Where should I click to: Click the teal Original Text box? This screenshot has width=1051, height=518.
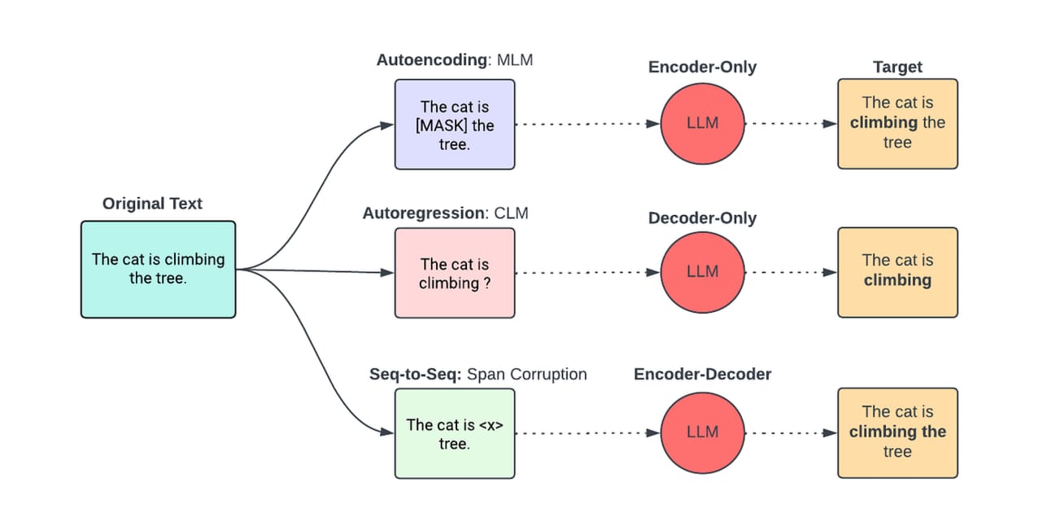158,269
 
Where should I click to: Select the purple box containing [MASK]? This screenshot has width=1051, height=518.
455,125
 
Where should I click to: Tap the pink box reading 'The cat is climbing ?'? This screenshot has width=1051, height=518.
455,272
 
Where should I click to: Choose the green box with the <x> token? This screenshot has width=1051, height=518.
455,433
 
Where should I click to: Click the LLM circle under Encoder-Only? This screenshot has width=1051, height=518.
702,124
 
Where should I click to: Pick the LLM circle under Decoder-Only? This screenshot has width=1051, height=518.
702,272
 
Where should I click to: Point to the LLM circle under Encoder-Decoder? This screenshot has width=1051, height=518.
702,432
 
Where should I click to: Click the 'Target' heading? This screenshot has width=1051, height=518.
897,67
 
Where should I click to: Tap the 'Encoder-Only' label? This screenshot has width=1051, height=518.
702,67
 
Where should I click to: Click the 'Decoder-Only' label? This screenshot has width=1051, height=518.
702,218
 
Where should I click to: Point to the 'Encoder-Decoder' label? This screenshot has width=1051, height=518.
702,375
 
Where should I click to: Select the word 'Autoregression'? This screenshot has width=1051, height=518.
423,213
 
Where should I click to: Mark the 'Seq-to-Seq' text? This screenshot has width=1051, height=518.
415,375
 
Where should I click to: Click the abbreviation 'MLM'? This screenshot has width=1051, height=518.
515,60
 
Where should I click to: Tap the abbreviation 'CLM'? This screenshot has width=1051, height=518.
511,213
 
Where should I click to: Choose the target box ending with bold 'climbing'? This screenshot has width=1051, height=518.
897,271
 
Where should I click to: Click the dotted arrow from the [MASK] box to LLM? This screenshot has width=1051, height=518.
586,125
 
